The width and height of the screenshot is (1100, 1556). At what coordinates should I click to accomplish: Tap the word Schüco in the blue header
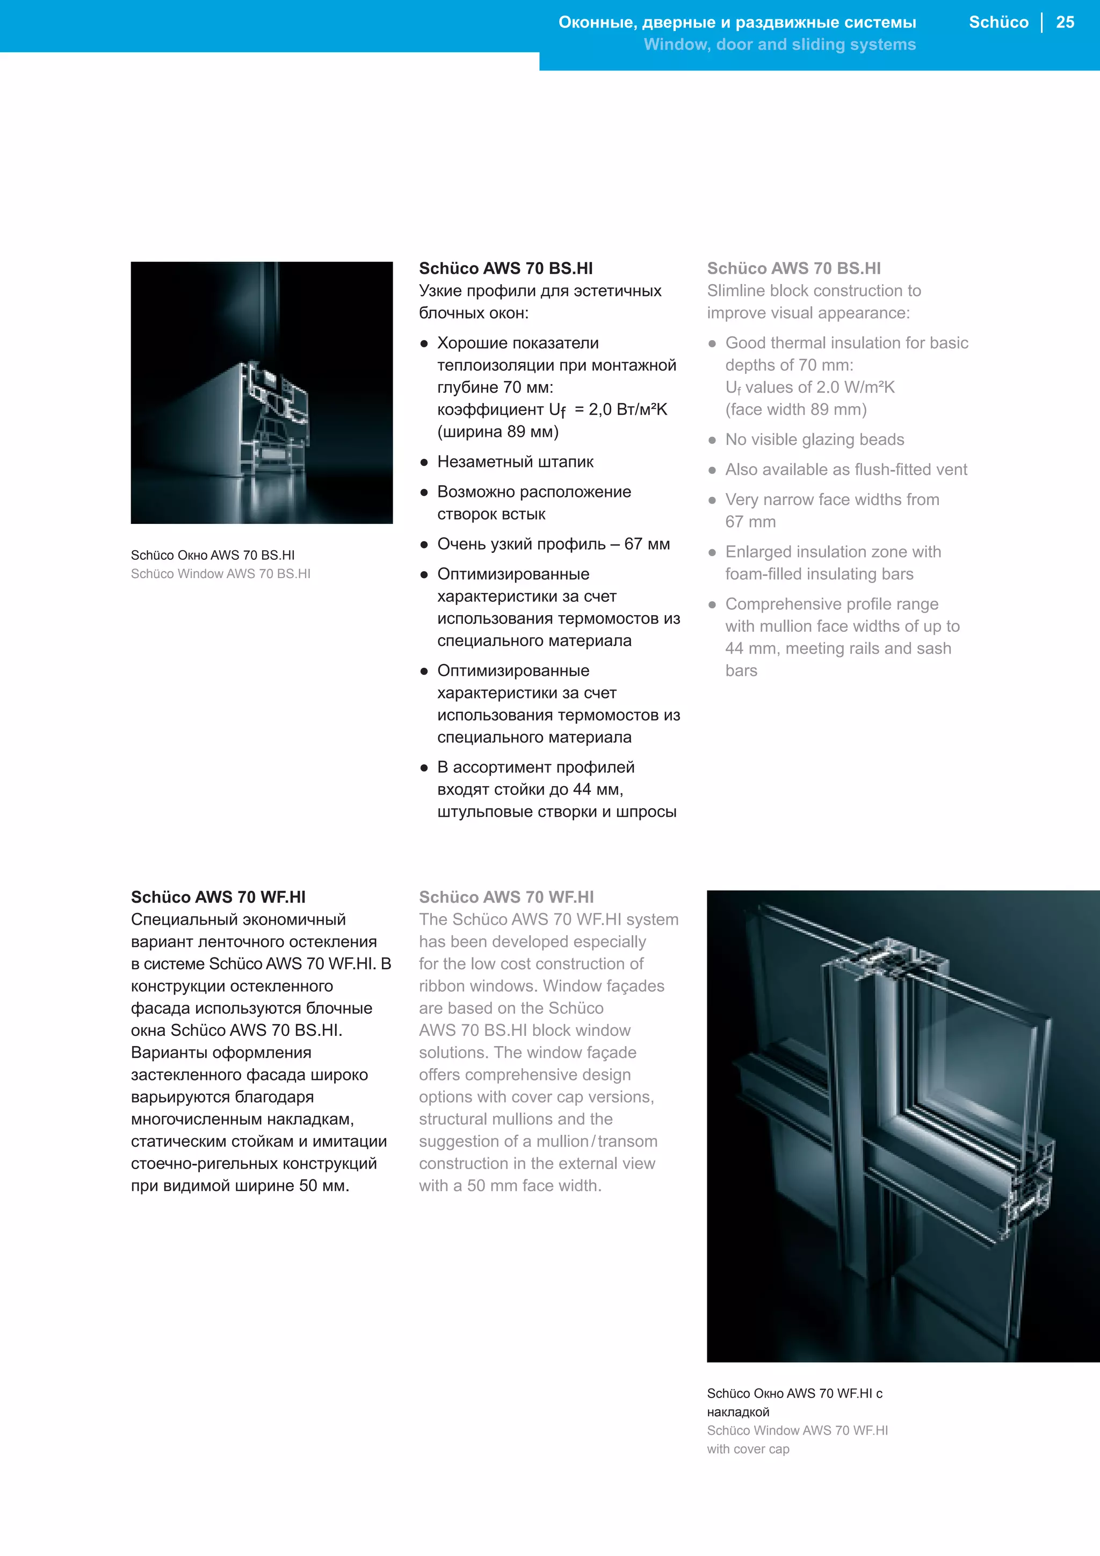(998, 23)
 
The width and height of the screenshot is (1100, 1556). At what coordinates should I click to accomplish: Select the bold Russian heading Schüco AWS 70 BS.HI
(505, 268)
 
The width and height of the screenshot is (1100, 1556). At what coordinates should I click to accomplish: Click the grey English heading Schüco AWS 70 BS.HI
(793, 268)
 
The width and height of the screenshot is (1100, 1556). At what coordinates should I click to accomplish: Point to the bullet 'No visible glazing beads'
(814, 440)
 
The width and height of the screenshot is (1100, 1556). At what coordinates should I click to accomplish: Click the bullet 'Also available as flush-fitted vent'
(845, 470)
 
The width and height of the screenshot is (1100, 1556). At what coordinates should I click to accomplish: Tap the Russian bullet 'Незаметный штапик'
(515, 462)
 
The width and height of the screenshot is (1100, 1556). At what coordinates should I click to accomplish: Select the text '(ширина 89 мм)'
(498, 431)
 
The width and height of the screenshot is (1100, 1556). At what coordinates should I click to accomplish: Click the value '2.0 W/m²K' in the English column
(855, 387)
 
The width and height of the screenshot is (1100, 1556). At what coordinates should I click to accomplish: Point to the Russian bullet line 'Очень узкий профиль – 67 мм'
(553, 544)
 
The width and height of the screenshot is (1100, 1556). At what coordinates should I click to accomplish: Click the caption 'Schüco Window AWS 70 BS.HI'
(220, 574)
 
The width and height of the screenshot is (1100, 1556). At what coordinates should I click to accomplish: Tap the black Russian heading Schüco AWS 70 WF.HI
(218, 897)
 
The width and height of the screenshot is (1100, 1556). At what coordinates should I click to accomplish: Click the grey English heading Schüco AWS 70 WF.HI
(506, 897)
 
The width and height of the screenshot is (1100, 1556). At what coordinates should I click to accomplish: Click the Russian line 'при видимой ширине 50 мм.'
(240, 1186)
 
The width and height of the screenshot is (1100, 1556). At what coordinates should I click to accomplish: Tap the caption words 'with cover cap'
(748, 1449)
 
